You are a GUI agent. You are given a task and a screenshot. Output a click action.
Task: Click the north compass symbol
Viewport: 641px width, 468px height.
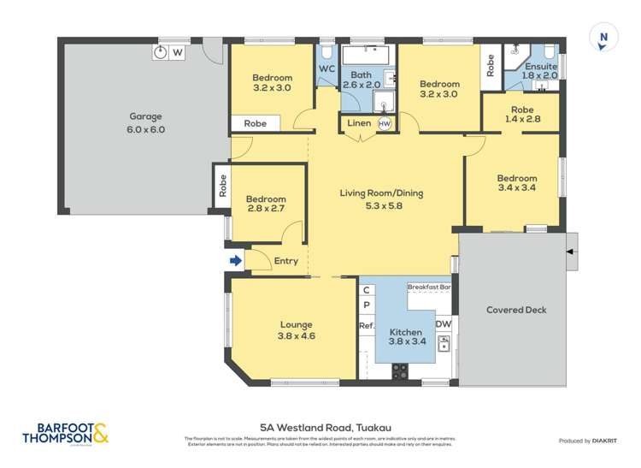[603, 37]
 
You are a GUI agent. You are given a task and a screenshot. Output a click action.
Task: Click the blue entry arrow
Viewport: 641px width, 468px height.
[236, 261]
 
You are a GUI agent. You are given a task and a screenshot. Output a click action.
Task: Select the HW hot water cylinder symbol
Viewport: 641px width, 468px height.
[385, 124]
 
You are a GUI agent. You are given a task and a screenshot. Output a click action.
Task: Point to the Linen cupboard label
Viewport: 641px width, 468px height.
[359, 124]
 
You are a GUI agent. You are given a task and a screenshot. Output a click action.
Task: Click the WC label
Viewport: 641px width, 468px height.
[326, 68]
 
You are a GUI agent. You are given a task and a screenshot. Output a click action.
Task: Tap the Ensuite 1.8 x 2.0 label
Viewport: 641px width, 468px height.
[540, 70]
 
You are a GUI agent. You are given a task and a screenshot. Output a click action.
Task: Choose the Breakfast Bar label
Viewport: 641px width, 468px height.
[429, 287]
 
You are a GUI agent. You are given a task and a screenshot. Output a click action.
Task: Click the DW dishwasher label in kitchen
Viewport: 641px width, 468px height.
[443, 324]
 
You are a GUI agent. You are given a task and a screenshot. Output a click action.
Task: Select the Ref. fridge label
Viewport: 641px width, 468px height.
[367, 325]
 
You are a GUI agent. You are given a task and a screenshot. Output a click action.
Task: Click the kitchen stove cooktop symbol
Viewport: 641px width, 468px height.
[399, 370]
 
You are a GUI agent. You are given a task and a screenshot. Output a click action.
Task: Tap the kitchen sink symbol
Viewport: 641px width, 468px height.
[444, 344]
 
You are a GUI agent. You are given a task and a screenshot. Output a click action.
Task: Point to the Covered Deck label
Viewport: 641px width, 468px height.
[515, 310]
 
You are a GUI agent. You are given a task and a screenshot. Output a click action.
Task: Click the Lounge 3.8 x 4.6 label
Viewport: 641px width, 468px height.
[294, 330]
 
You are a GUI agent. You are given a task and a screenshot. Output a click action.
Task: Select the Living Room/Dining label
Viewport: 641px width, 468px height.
[382, 198]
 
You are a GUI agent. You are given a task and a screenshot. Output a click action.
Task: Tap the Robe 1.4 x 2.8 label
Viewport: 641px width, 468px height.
[522, 115]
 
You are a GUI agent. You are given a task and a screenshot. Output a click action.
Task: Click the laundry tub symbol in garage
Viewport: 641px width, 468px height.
[161, 52]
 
